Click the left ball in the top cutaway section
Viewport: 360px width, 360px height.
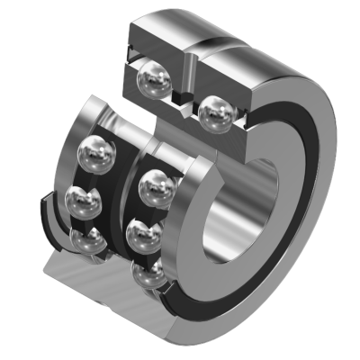[152, 84]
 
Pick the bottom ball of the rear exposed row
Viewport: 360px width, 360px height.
[88, 240]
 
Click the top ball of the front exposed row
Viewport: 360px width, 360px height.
[157, 187]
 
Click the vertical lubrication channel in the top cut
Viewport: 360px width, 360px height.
[193, 72]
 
